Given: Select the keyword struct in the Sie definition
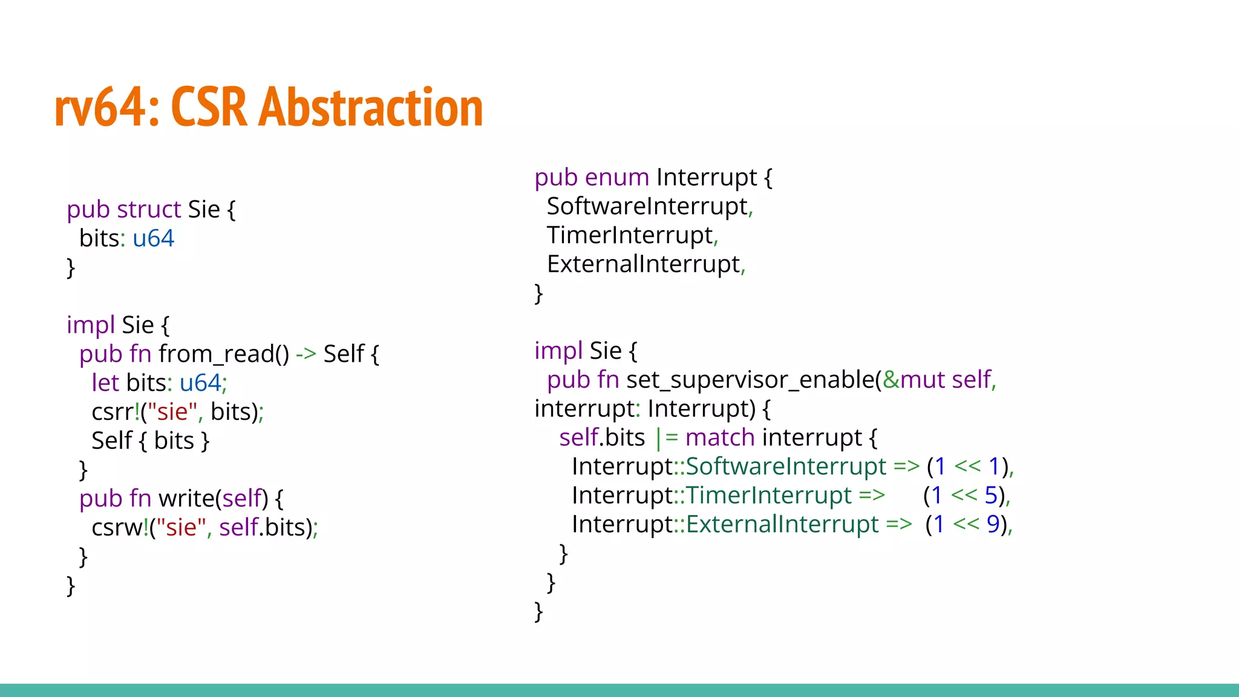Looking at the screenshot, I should pyautogui.click(x=149, y=209).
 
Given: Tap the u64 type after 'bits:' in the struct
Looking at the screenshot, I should pyautogui.click(x=153, y=238).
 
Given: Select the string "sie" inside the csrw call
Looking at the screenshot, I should pyautogui.click(x=181, y=528).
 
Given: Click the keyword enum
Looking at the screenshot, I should pyautogui.click(x=616, y=177).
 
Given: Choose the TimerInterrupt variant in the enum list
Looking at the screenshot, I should pyautogui.click(x=630, y=235).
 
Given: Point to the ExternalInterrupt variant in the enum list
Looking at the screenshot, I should pyautogui.click(x=644, y=264).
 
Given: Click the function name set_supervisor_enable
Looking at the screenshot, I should pyautogui.click(x=750, y=380).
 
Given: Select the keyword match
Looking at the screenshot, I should pyautogui.click(x=719, y=437).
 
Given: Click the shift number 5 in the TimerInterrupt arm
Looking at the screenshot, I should pyautogui.click(x=990, y=496).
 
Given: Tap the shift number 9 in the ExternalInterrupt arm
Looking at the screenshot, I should pyautogui.click(x=993, y=525).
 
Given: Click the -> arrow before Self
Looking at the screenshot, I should pyautogui.click(x=306, y=354).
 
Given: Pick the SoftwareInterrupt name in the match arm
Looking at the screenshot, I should pyautogui.click(x=785, y=466).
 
